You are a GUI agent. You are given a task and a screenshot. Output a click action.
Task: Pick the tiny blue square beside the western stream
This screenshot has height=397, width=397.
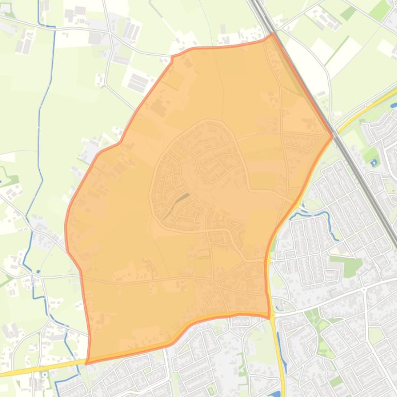click(38, 271)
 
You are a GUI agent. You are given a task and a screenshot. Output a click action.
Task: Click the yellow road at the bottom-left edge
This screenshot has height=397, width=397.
click(31, 369)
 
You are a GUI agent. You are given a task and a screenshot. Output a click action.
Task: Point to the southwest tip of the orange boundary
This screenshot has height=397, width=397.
click(86, 363)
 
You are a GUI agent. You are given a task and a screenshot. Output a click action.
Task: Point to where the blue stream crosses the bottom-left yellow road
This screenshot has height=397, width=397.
click(77, 362)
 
